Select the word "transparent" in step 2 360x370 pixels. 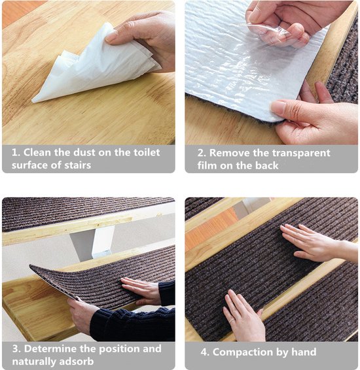coord(300,154)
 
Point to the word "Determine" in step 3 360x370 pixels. coord(50,349)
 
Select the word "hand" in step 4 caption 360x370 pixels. coord(304,352)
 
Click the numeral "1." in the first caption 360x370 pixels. coord(16,152)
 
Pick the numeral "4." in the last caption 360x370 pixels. coord(205,352)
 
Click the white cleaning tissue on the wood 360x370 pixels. coord(94,66)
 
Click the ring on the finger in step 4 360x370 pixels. coord(232,320)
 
